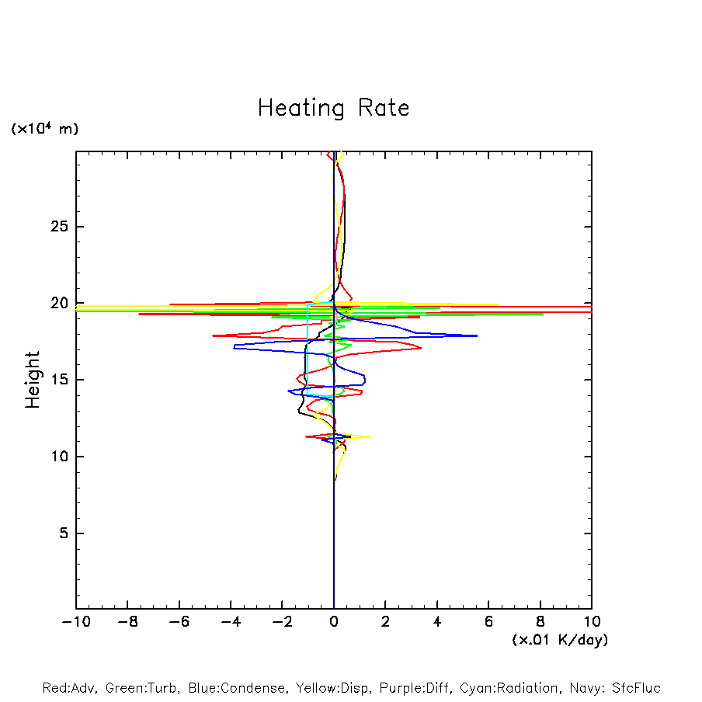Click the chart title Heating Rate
click(x=333, y=108)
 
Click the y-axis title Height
click(x=33, y=380)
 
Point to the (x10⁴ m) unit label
click(x=44, y=129)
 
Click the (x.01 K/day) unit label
click(x=559, y=640)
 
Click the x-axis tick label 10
click(x=592, y=622)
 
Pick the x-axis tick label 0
click(x=334, y=622)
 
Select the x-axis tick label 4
click(x=437, y=622)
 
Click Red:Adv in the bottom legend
click(x=68, y=688)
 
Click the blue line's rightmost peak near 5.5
click(x=476, y=335)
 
